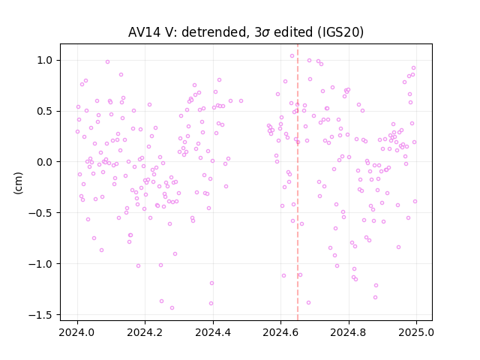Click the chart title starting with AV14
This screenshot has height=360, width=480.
[246, 32]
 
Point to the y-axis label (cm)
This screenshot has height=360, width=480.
[18, 183]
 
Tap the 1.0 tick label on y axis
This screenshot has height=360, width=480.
[45, 60]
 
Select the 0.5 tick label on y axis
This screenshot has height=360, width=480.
[45, 111]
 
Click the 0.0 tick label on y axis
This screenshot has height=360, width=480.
[45, 162]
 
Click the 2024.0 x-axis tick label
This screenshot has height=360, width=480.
[77, 332]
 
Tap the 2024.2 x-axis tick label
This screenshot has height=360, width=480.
[145, 332]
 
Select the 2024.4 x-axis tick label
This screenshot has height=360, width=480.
[213, 332]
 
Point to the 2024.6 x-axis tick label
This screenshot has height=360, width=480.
[280, 332]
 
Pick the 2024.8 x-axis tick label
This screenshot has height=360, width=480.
[348, 332]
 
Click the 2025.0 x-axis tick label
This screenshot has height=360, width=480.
[416, 332]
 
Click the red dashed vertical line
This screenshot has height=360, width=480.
[298, 182]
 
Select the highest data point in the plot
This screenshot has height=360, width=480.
[292, 56]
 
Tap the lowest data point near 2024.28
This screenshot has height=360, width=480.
[172, 308]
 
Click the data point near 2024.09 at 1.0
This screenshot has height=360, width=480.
[107, 61]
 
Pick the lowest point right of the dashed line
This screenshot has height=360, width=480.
[308, 303]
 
